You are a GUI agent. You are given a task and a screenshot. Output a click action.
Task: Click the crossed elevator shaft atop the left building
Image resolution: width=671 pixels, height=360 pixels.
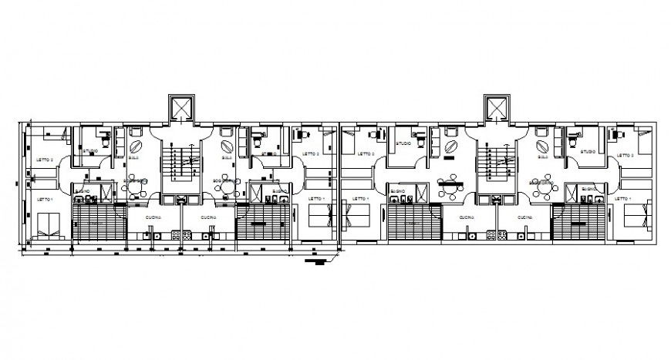[x=182, y=108]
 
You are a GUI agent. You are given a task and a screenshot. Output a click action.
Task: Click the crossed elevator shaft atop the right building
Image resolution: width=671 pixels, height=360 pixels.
[x=497, y=108]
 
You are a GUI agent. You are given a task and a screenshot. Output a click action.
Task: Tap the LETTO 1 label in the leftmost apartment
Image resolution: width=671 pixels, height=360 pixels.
[x=45, y=199]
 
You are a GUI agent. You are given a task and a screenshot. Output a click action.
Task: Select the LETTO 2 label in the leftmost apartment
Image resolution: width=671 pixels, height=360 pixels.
[x=45, y=160]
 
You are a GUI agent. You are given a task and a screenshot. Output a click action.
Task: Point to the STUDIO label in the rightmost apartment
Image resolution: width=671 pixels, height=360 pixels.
[x=588, y=152]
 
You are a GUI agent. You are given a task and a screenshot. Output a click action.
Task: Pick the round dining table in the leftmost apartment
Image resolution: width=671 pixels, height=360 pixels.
[x=137, y=184]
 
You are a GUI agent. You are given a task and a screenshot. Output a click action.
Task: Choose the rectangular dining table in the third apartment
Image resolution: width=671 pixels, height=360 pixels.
[x=450, y=183]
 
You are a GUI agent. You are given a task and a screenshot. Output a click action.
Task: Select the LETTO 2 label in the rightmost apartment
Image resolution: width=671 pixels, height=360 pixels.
[x=626, y=155]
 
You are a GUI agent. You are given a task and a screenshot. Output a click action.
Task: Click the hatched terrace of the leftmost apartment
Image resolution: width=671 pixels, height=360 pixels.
[x=98, y=223]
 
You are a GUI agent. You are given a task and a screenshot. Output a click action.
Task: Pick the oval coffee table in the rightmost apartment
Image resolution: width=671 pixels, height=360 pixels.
[x=541, y=144]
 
